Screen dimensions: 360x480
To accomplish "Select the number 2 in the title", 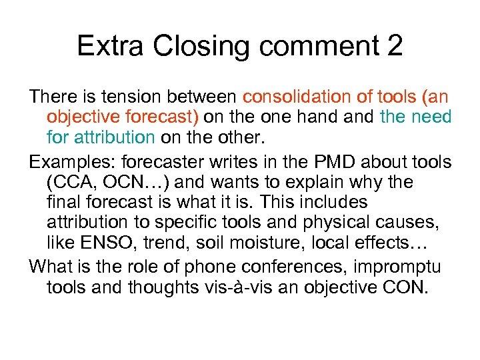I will pos(393,46).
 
